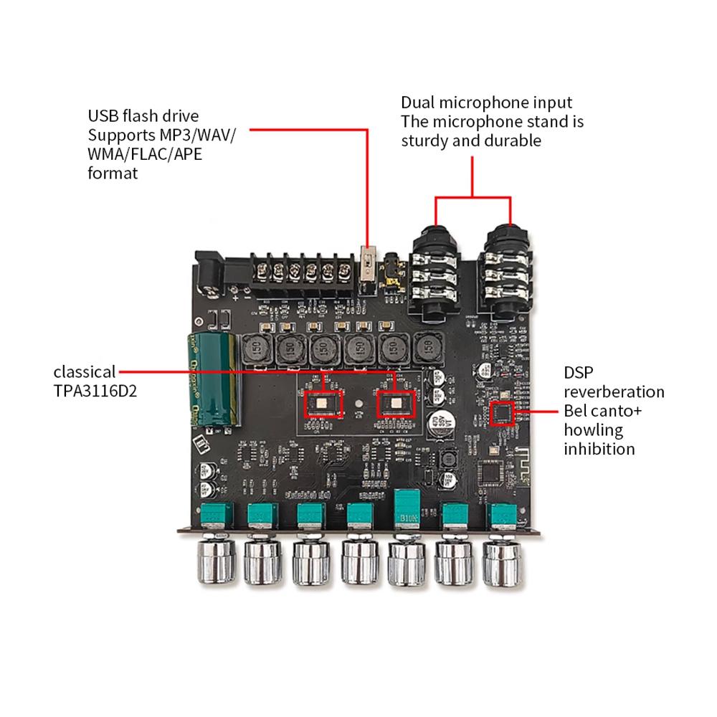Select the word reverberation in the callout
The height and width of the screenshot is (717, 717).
(614, 392)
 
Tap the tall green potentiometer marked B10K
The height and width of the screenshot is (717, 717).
(407, 513)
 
